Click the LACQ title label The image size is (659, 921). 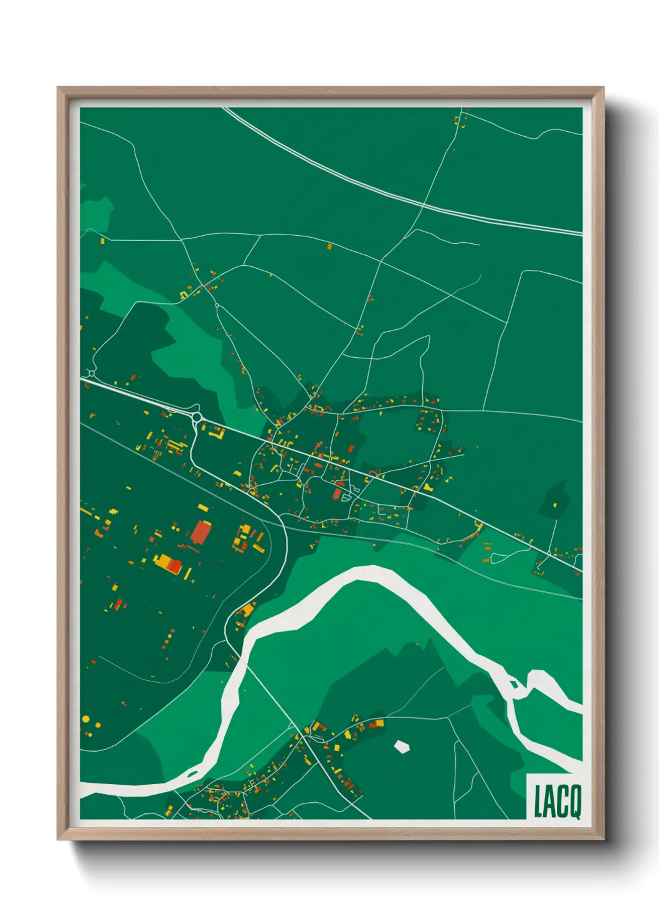[x=557, y=802]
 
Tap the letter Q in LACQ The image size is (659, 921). [x=574, y=802]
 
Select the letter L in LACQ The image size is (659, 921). [x=539, y=802]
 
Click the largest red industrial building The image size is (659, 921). [x=201, y=533]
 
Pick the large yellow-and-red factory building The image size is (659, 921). [x=168, y=563]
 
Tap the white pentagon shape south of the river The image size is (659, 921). [x=402, y=746]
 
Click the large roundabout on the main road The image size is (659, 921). [x=197, y=417]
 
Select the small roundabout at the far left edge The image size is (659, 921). [x=92, y=373]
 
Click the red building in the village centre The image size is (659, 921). [x=337, y=493]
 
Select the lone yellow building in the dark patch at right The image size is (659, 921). [x=556, y=504]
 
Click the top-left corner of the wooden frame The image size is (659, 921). [x=59, y=88]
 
